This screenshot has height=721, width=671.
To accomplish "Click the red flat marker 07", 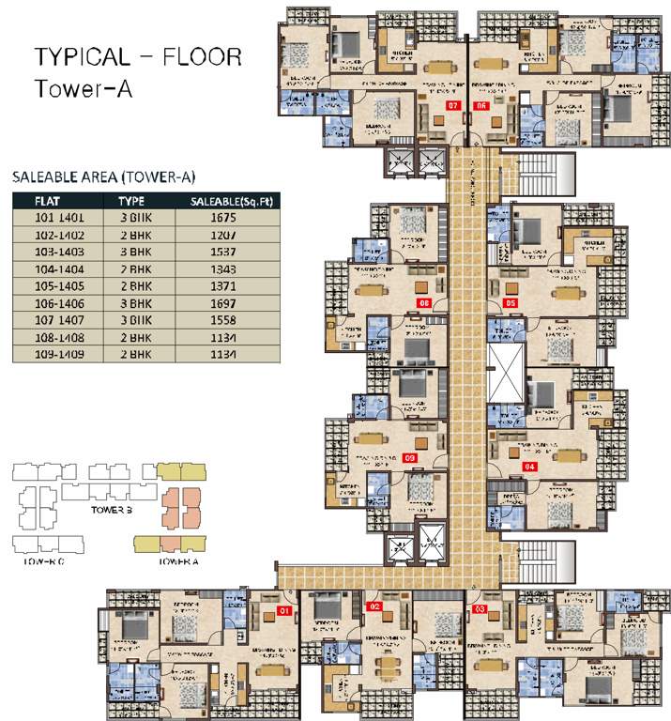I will (x=453, y=106).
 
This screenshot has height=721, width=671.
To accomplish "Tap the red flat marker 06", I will (x=480, y=106).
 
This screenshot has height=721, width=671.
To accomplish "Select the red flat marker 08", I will (x=424, y=303).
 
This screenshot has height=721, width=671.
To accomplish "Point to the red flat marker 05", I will (x=511, y=303).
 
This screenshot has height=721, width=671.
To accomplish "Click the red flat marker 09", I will (x=409, y=457).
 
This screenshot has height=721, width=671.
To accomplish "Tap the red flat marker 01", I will (x=285, y=611).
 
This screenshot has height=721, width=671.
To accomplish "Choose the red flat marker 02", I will (x=375, y=608).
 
